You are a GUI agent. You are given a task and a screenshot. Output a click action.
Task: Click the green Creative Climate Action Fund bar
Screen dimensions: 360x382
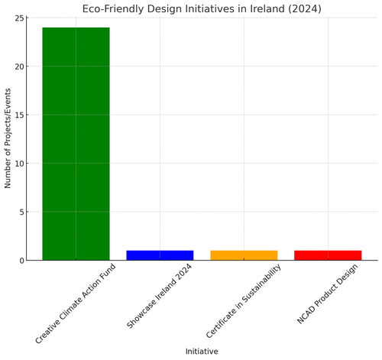(x=76, y=144)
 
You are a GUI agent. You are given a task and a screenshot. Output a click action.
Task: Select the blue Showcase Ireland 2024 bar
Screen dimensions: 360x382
(x=160, y=255)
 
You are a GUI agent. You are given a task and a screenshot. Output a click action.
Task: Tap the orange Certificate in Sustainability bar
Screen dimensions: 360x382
(x=244, y=255)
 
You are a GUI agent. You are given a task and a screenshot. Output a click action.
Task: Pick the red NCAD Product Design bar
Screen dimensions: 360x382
(x=328, y=255)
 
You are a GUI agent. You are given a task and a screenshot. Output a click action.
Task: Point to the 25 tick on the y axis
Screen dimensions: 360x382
(x=20, y=18)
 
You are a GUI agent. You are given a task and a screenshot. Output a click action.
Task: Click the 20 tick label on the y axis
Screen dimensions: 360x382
(x=20, y=66)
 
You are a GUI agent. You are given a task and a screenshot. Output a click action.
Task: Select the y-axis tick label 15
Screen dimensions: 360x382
(x=20, y=115)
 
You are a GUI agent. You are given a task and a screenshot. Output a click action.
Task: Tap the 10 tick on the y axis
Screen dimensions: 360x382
(x=20, y=164)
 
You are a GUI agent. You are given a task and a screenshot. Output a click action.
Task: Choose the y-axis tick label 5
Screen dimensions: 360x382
(x=23, y=212)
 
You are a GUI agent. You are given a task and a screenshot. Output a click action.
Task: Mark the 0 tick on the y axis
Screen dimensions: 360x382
(x=23, y=261)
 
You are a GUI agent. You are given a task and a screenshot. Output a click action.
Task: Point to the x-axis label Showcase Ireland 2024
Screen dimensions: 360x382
(x=159, y=299)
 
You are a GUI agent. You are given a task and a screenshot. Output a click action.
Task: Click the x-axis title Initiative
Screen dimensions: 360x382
(x=202, y=352)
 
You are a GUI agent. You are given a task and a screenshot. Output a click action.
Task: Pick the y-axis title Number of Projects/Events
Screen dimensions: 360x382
(x=8, y=139)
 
